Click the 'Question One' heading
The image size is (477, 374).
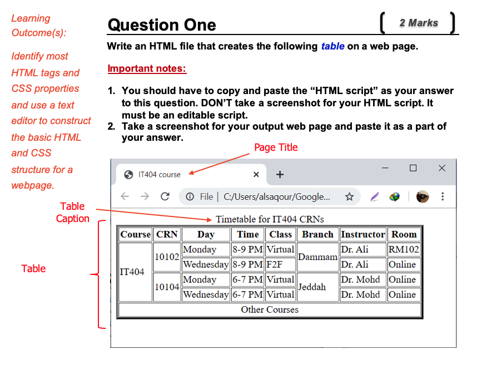[162, 25]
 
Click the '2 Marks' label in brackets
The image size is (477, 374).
[418, 23]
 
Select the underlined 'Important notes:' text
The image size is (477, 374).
[147, 69]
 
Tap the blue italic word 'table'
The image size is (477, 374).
[332, 46]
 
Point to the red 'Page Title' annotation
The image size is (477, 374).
[276, 147]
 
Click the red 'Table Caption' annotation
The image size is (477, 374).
[72, 213]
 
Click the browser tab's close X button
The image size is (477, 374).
[256, 175]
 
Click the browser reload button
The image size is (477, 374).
[165, 196]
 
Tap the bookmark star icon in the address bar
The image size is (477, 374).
[349, 196]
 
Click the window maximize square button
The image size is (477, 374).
[413, 168]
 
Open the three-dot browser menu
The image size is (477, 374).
[443, 196]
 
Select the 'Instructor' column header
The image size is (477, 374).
[362, 234]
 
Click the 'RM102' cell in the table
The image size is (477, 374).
[404, 249]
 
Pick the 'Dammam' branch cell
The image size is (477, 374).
[318, 257]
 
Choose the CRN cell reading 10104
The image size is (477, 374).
[167, 287]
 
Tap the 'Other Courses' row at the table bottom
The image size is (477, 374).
[270, 309]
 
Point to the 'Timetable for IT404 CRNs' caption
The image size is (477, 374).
[270, 219]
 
